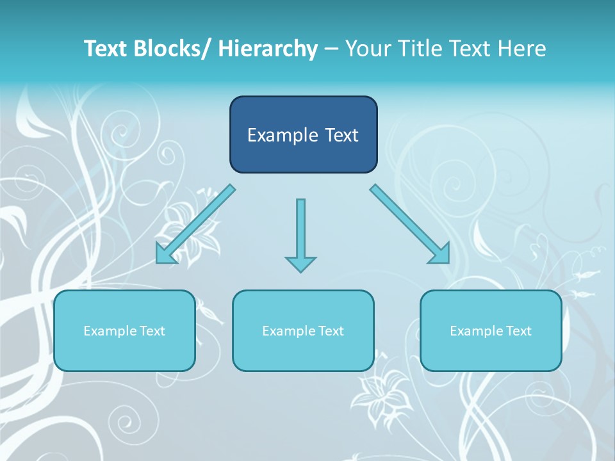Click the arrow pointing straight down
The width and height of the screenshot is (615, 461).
(x=300, y=234)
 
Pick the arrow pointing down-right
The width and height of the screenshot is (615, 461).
(x=410, y=224)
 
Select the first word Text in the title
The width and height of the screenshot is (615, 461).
(x=106, y=49)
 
